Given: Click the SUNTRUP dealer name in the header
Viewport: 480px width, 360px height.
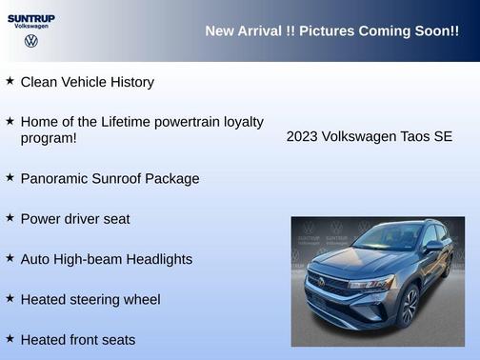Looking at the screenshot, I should click(x=30, y=17).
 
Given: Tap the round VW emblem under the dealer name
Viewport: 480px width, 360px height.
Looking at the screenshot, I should click(x=30, y=41).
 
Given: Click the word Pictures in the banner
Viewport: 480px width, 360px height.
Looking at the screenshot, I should click(x=319, y=31).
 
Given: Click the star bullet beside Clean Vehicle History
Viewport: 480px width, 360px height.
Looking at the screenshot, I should click(x=10, y=81).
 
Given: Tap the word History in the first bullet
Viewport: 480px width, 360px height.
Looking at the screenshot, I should click(x=130, y=82).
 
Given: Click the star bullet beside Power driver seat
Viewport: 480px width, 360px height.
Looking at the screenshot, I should click(x=10, y=217).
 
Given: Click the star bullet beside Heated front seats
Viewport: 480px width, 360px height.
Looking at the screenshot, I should click(x=10, y=338).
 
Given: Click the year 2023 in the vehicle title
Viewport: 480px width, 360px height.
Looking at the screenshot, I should click(x=302, y=136).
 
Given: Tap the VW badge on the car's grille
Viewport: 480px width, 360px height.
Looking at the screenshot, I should click(x=321, y=281).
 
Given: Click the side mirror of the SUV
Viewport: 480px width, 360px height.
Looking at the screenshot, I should click(x=433, y=247).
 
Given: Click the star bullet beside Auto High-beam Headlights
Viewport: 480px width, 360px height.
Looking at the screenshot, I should click(x=10, y=258).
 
